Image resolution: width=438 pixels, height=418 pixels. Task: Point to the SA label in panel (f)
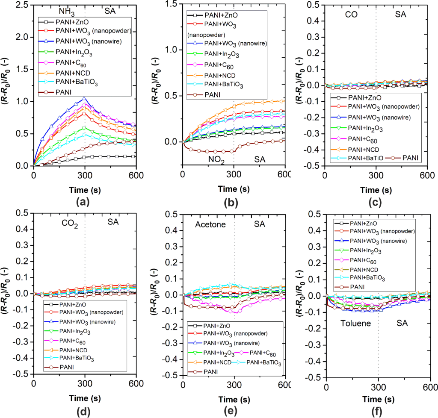point(400,324)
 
